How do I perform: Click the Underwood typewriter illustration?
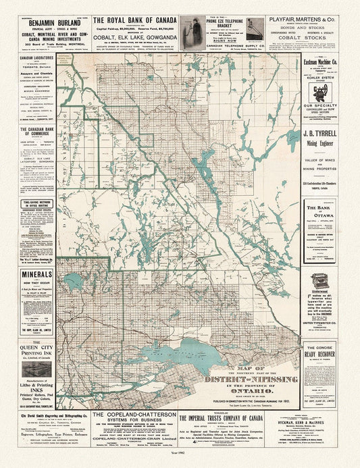pos(320,282)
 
